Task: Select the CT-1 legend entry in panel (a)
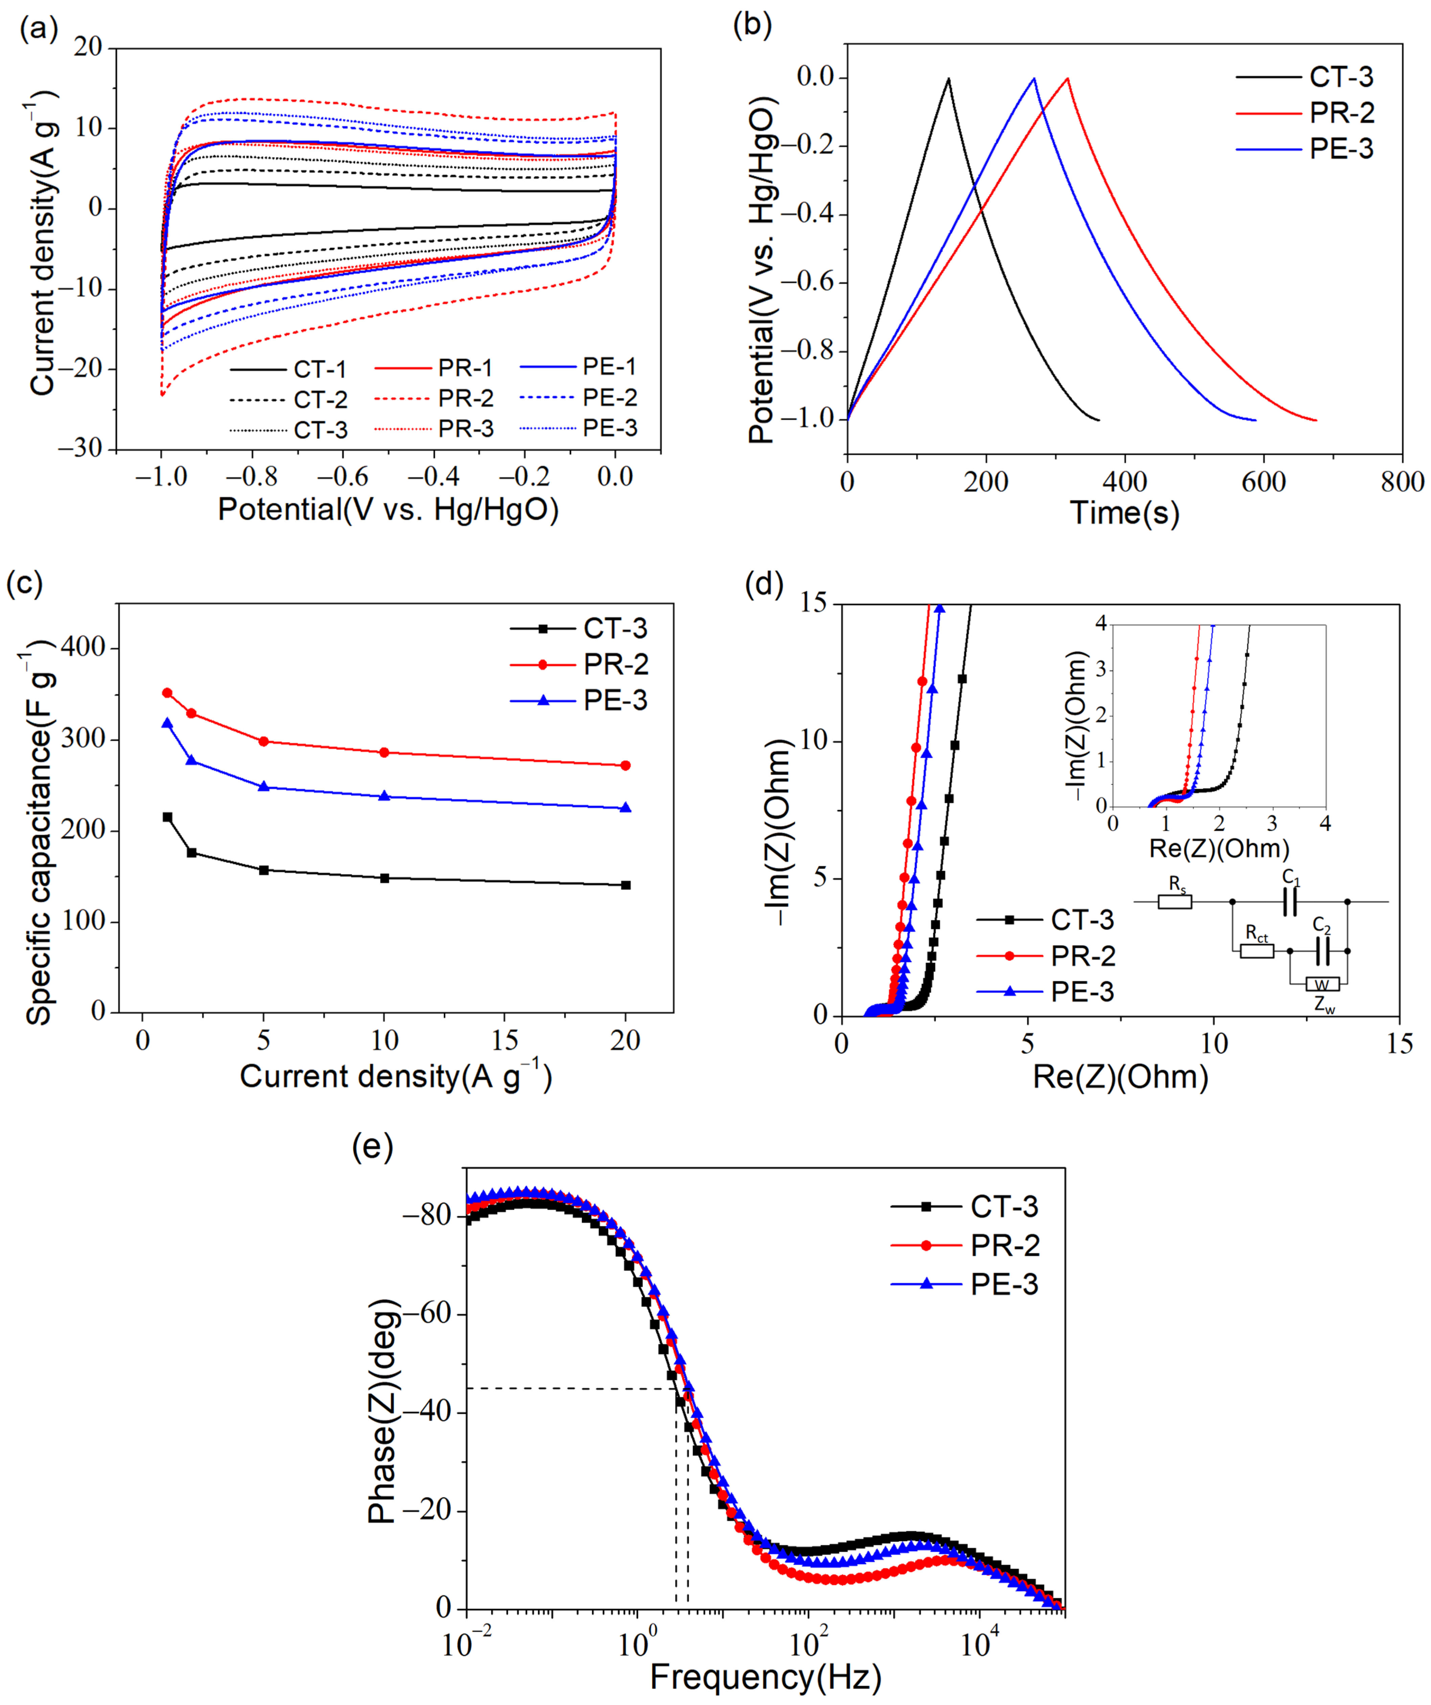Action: tap(321, 369)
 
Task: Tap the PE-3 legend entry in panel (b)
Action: tap(1341, 149)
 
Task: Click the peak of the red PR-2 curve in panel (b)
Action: tap(1067, 79)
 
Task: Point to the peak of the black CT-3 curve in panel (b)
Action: tap(947, 79)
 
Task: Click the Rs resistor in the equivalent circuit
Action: tap(1175, 901)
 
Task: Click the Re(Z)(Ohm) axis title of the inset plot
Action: tap(1219, 849)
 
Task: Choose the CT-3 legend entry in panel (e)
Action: tap(1004, 1207)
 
